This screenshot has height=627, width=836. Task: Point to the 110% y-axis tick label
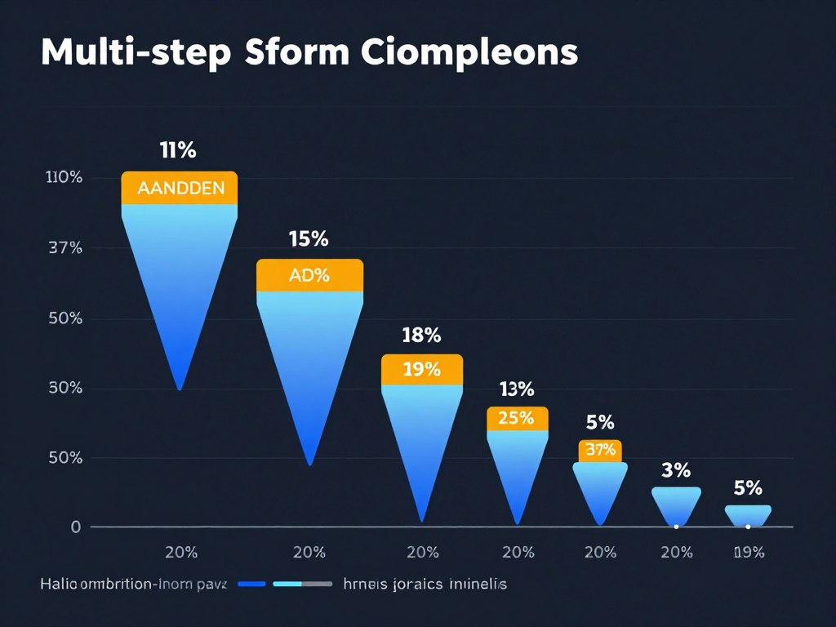click(64, 177)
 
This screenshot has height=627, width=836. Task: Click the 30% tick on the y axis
click(65, 388)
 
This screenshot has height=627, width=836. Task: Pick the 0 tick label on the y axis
click(76, 527)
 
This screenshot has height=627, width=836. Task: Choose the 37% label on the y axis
click(65, 247)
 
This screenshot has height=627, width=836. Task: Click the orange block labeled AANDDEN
click(180, 188)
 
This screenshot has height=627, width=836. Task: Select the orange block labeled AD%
click(309, 275)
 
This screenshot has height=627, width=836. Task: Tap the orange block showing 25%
click(517, 419)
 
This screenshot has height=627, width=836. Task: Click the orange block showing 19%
click(422, 369)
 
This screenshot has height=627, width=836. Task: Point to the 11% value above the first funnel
click(177, 150)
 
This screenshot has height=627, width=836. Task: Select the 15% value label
click(309, 239)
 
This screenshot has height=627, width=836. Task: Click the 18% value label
click(421, 335)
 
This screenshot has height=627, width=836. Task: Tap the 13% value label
click(516, 389)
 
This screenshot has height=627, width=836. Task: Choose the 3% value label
click(676, 470)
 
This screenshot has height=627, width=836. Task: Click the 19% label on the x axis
click(748, 553)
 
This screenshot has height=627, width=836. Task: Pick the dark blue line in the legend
click(249, 585)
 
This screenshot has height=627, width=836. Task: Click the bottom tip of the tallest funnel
click(180, 388)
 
